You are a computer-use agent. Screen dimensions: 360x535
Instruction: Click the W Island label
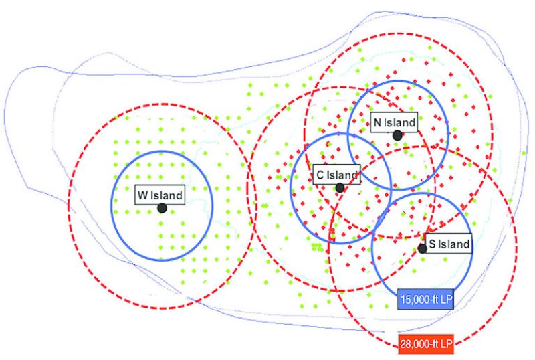click(x=160, y=195)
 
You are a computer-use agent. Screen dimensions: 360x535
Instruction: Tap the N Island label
click(x=395, y=122)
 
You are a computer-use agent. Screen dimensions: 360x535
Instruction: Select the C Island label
click(x=337, y=175)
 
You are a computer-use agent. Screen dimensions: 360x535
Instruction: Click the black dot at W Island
click(x=162, y=208)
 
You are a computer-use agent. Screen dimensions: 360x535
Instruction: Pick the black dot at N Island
click(x=397, y=135)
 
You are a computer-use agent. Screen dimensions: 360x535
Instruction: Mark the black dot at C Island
click(x=340, y=188)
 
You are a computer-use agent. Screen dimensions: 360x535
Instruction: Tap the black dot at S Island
click(x=422, y=248)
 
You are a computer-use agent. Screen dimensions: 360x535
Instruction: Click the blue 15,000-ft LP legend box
click(x=426, y=299)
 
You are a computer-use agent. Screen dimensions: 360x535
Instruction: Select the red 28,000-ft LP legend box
click(x=425, y=345)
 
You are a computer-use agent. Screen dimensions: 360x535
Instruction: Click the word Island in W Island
click(x=167, y=195)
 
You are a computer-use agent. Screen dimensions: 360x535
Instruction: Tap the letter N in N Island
click(x=377, y=122)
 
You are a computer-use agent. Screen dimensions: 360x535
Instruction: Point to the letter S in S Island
click(x=433, y=244)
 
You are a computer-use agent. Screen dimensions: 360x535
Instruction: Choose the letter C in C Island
click(x=320, y=175)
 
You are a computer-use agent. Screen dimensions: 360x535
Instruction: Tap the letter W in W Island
click(x=142, y=195)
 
